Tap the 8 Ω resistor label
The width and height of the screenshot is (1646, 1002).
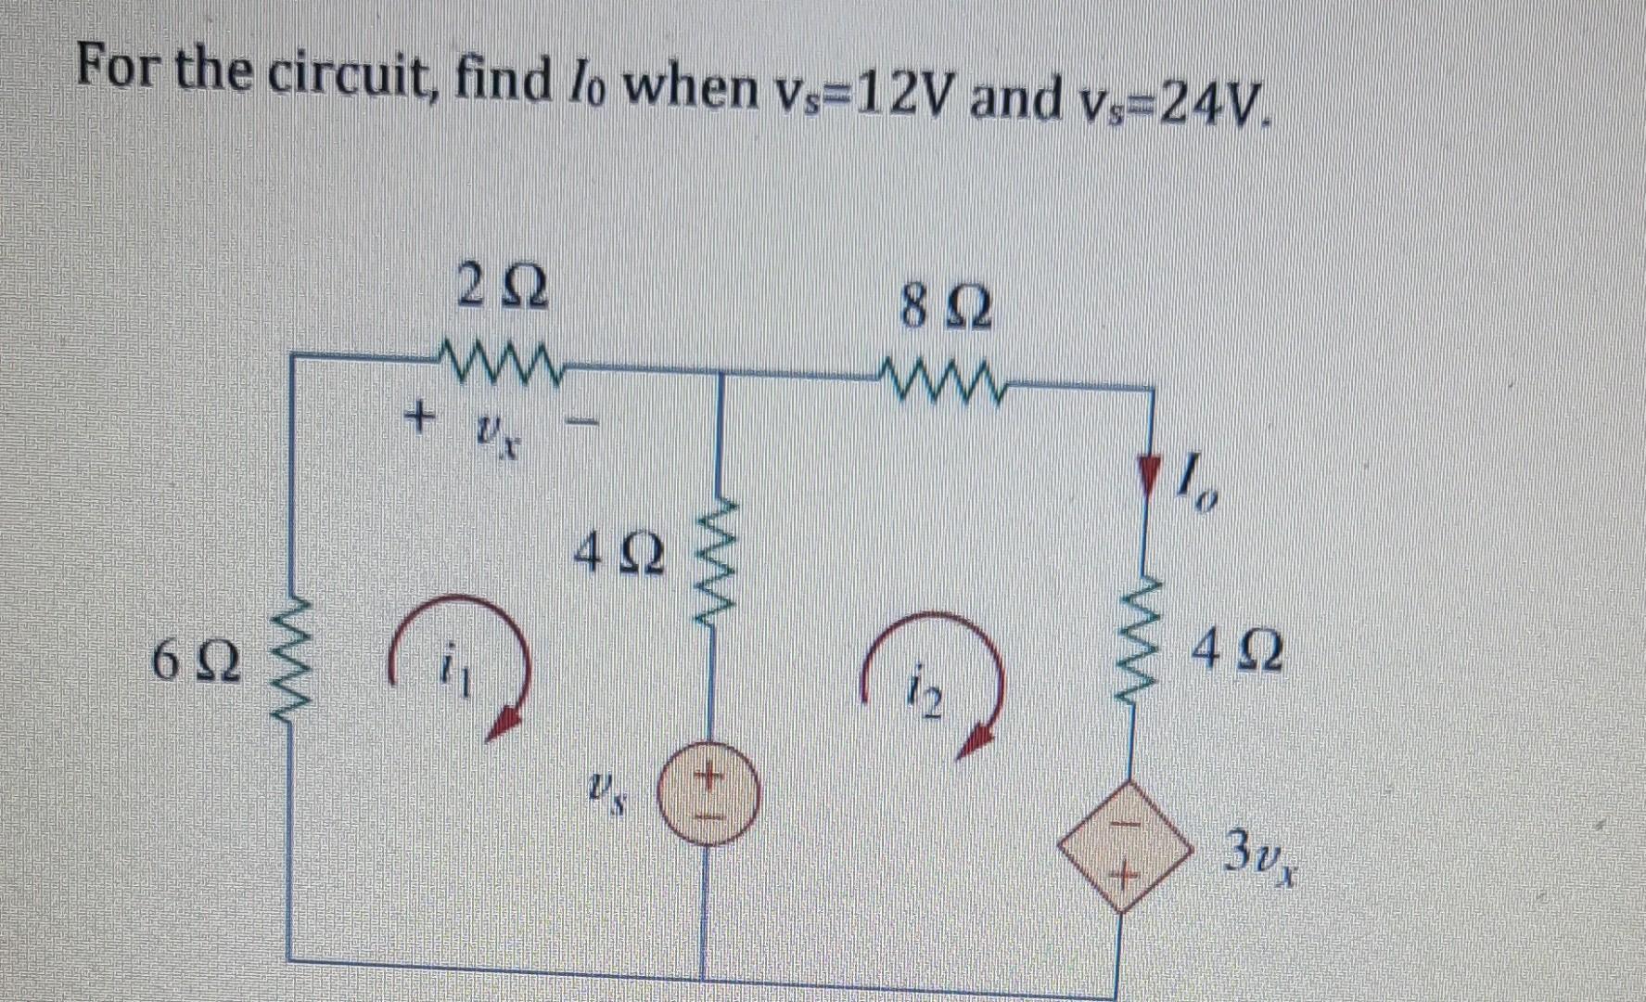pyautogui.click(x=945, y=309)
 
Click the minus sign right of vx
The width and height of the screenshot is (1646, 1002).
pyautogui.click(x=582, y=426)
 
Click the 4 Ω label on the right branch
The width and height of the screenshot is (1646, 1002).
pyautogui.click(x=1240, y=654)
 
